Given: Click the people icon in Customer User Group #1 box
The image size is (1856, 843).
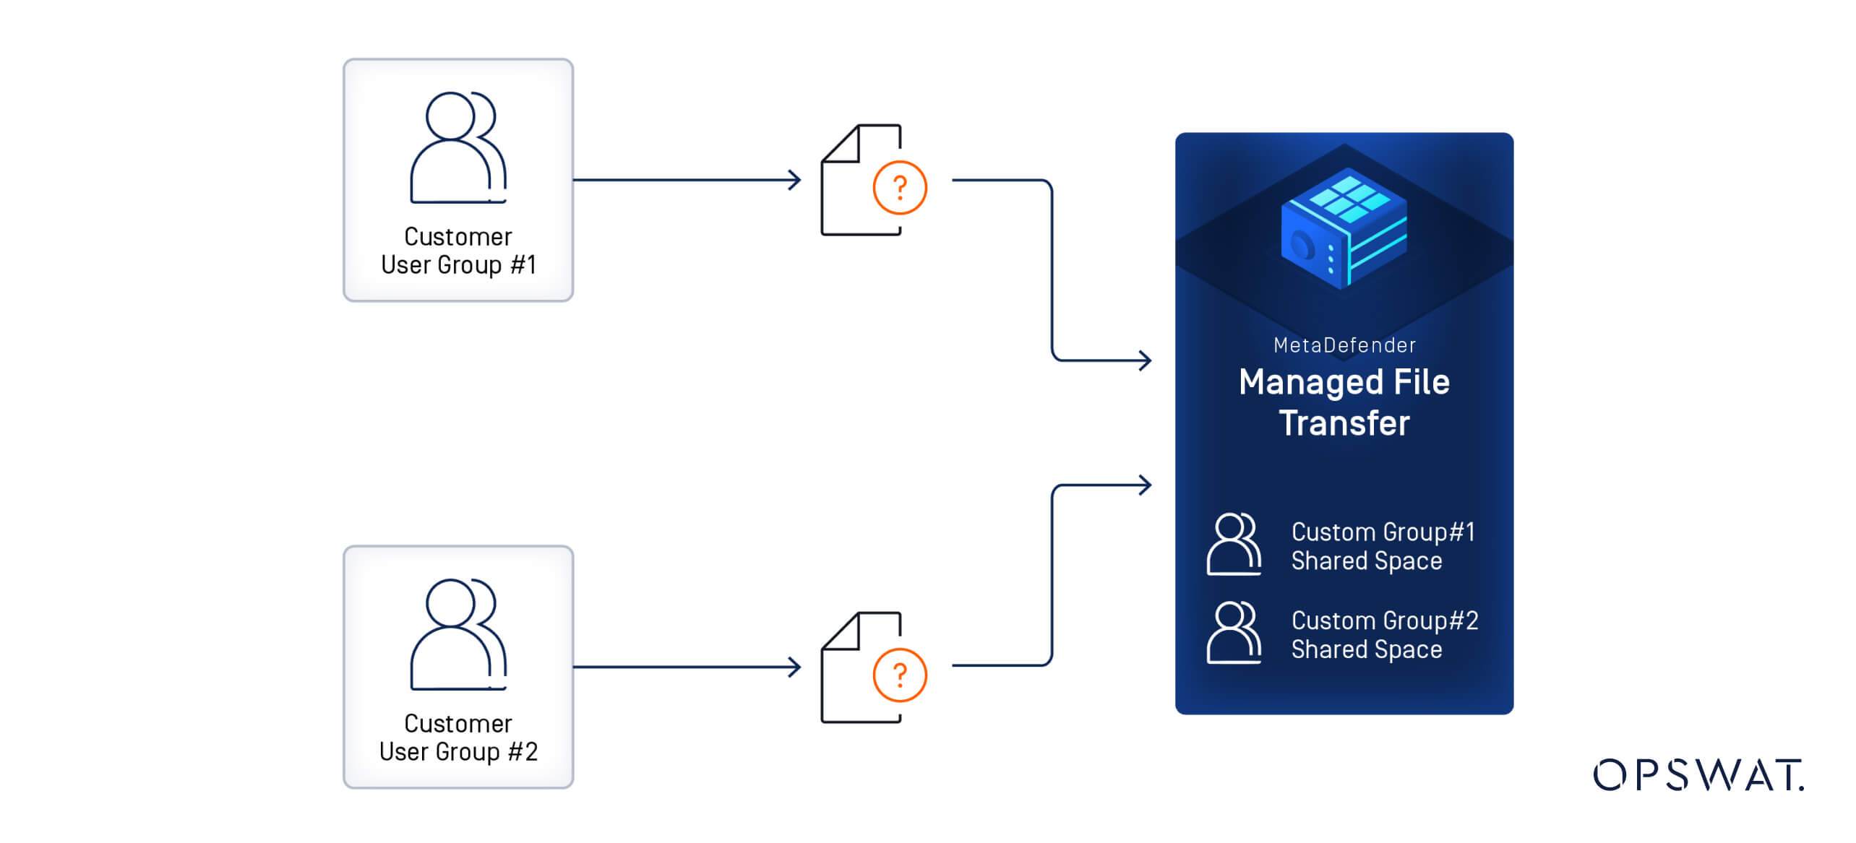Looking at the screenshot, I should [x=458, y=147].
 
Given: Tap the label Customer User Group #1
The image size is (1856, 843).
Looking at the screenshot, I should [x=458, y=251].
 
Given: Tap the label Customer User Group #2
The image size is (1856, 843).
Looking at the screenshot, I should [x=458, y=738].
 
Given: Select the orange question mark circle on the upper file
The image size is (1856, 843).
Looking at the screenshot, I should [x=899, y=188].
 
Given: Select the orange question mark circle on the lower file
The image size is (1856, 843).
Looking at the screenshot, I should [x=899, y=675].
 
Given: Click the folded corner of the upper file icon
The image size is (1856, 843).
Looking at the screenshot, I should [x=841, y=144].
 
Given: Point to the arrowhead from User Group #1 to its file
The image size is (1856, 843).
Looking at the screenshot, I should [x=795, y=180].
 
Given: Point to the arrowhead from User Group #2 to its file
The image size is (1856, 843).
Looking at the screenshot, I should [x=795, y=667].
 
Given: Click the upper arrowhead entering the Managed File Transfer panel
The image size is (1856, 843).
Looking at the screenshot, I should [x=1145, y=360].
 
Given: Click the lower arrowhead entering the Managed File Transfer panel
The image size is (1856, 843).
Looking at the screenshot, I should [x=1145, y=485].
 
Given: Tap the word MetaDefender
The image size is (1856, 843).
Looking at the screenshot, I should [x=1344, y=345].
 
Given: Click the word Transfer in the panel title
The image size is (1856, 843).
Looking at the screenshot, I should [x=1344, y=423].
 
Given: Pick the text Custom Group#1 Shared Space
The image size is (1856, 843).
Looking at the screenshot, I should [x=1382, y=546].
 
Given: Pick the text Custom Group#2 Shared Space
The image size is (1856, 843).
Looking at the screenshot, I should [x=1383, y=635].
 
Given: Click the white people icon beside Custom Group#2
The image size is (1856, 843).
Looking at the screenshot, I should [x=1234, y=633].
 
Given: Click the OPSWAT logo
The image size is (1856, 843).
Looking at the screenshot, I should [x=1698, y=775].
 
